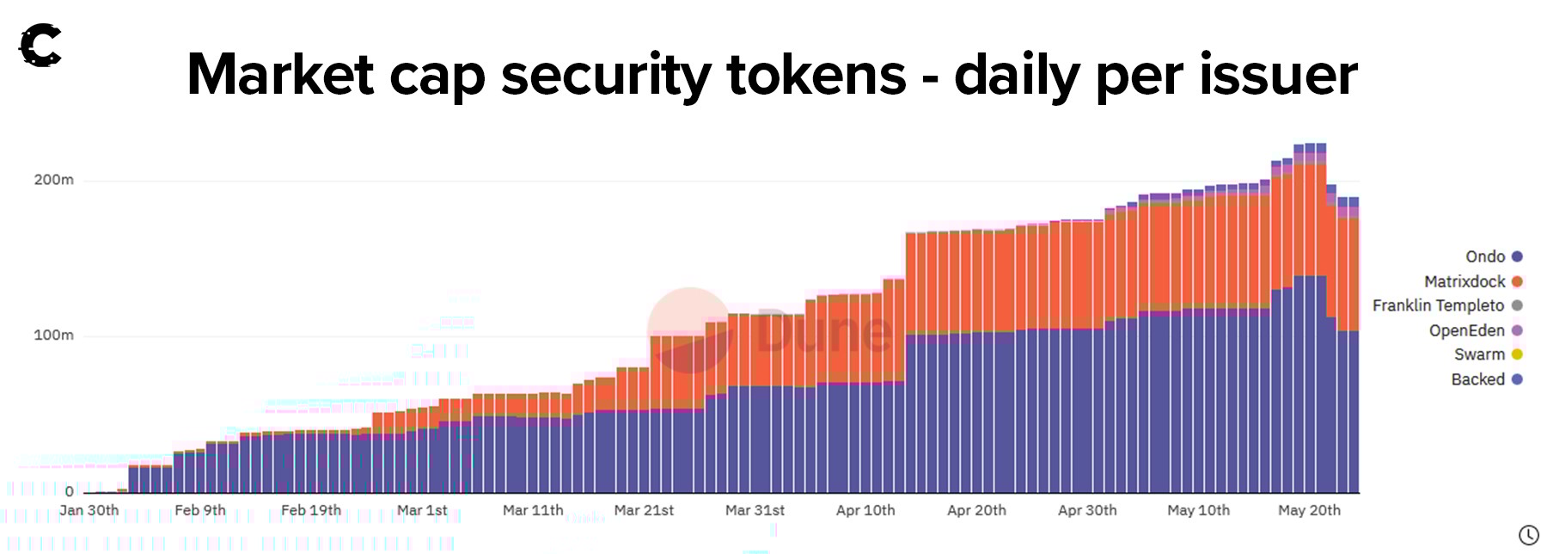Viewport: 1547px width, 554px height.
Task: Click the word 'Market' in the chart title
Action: (x=280, y=75)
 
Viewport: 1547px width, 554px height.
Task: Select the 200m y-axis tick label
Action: (x=53, y=180)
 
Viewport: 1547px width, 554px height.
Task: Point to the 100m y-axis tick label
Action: (x=53, y=335)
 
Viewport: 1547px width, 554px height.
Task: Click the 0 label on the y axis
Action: (x=70, y=491)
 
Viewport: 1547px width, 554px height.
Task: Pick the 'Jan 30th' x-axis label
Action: (x=89, y=510)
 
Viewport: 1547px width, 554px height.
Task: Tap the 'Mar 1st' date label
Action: (x=422, y=510)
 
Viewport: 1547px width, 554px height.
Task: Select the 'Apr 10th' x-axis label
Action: (x=865, y=510)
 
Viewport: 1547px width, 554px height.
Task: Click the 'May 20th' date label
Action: (x=1309, y=510)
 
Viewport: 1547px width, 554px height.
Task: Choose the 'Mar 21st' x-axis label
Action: (x=644, y=510)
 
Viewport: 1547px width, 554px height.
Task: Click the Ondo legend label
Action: (x=1485, y=256)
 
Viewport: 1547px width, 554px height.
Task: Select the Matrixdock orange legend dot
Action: (x=1517, y=281)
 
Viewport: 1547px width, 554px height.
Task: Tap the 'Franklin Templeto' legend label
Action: (x=1438, y=305)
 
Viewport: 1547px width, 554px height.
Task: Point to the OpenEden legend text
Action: (x=1466, y=330)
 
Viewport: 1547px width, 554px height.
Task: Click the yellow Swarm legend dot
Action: (x=1517, y=354)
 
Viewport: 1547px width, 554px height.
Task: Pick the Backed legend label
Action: (x=1477, y=379)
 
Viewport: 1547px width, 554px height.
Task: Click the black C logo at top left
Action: (x=40, y=46)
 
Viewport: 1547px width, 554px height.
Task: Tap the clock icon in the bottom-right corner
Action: (x=1528, y=535)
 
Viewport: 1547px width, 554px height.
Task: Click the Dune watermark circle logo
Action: (x=689, y=330)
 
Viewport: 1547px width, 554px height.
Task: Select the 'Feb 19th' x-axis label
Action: (x=311, y=510)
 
